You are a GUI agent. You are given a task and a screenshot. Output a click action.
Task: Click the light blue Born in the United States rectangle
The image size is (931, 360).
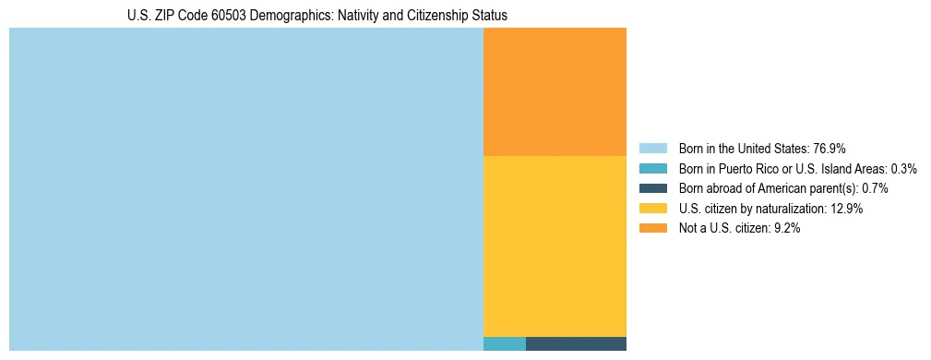(245, 189)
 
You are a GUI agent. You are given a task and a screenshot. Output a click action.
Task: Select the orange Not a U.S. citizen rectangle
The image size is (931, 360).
(555, 91)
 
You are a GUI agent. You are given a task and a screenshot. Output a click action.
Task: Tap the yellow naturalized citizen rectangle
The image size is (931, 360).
(555, 246)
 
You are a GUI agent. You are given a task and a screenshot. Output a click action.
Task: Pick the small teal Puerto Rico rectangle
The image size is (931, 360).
(504, 344)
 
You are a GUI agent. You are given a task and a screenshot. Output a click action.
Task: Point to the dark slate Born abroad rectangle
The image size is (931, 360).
(576, 344)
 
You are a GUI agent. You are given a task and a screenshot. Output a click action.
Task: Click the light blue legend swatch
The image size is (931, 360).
(652, 149)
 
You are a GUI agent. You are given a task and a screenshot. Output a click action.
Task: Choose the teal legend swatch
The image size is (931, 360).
(652, 169)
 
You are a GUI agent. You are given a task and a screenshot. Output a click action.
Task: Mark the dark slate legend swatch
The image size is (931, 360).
(652, 188)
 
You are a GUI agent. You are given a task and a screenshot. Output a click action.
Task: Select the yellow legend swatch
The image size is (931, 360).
(652, 209)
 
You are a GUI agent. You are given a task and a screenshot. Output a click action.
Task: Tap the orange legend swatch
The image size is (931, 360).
(652, 229)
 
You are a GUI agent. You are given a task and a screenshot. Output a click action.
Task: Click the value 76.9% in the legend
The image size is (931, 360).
(830, 149)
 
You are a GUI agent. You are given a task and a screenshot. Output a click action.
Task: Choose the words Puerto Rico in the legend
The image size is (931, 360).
(744, 169)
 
